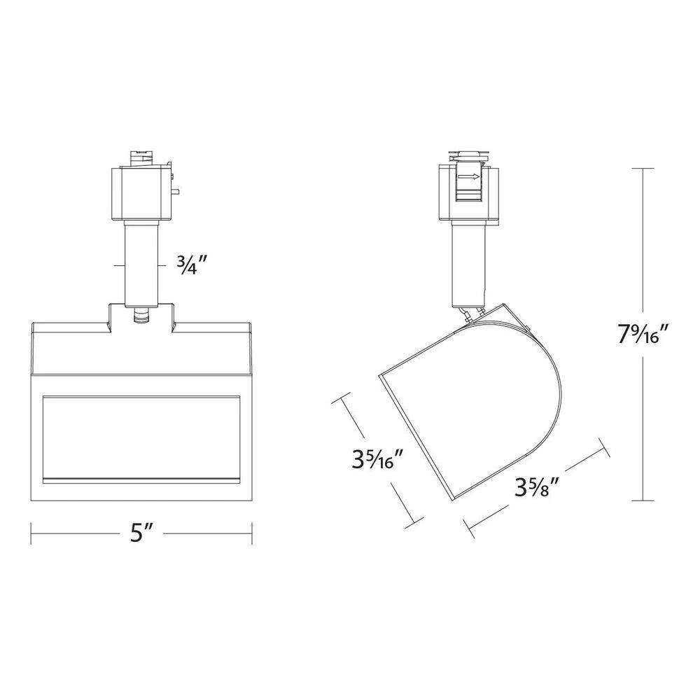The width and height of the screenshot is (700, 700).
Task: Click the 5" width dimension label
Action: [x=141, y=533]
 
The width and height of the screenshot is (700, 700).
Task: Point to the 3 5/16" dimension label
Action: [x=379, y=459]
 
